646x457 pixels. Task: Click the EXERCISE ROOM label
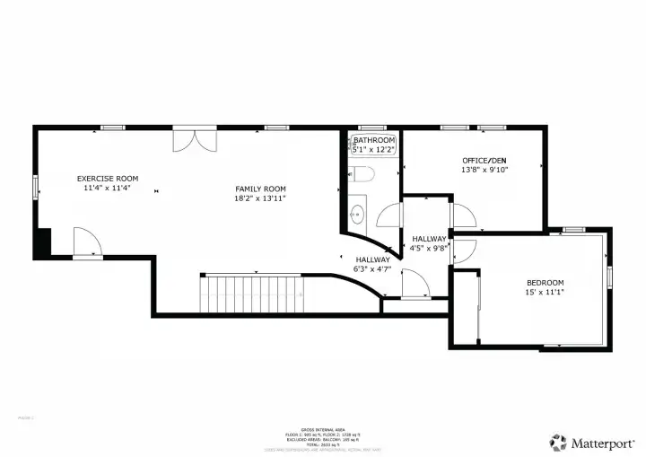click(x=108, y=178)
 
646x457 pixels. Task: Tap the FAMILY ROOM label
click(x=260, y=189)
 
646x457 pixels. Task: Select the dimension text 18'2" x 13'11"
click(x=260, y=198)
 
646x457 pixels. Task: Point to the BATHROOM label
click(x=373, y=141)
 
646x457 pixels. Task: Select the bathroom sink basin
click(x=357, y=214)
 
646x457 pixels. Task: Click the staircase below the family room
click(x=251, y=294)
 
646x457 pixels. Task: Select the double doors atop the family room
click(x=194, y=140)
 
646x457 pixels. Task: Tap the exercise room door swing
click(x=87, y=242)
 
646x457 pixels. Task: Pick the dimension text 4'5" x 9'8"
click(x=429, y=249)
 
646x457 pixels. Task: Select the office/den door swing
click(x=464, y=215)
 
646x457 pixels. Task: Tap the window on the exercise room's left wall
click(x=36, y=187)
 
